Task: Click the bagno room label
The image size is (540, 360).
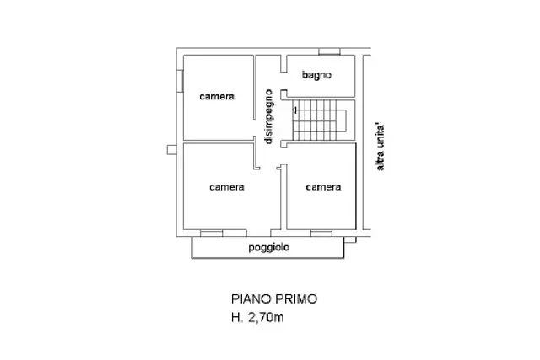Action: pos(316,75)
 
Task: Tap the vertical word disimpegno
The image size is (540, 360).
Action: pos(268,116)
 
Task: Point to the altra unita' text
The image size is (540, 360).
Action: pos(380,147)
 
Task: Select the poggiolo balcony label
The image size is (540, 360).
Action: pos(268,248)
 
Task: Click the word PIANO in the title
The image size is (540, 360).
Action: pos(251,299)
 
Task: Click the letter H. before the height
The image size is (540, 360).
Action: pos(237,317)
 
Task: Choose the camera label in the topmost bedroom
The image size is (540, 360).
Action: pos(217,97)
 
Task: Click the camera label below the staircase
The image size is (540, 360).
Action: pos(323,187)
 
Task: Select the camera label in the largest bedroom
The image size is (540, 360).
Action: pos(227,187)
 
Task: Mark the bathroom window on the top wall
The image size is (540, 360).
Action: pos(329,51)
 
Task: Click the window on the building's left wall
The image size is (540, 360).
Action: pos(180,81)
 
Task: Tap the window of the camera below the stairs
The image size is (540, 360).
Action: pos(321,234)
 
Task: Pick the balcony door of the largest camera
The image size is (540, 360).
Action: pos(224,234)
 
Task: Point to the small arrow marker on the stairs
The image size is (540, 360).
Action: pos(295,110)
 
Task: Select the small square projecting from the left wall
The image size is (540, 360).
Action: pos(172,150)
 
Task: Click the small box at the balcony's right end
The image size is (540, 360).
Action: pos(350,239)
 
